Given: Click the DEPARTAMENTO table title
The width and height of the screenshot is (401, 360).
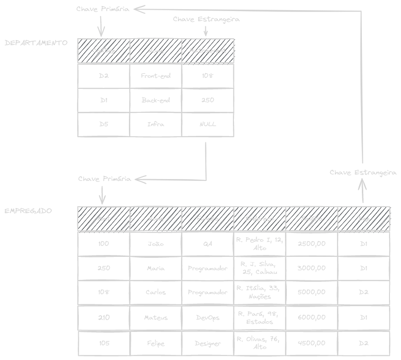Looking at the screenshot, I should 36,43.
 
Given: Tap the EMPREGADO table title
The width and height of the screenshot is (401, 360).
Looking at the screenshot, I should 28,211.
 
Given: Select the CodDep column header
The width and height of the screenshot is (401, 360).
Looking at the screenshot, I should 104,51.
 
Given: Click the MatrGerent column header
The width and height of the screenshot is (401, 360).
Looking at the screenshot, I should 208,51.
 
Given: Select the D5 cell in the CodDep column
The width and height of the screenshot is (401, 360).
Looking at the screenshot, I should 104,124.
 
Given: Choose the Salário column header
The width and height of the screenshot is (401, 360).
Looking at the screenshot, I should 312,219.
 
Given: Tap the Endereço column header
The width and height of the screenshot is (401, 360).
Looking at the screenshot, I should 260,219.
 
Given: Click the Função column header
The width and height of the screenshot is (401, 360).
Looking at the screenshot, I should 208,219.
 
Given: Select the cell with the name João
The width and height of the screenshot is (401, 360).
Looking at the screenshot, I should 156,244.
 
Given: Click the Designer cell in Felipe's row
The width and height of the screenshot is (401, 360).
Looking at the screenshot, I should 208,343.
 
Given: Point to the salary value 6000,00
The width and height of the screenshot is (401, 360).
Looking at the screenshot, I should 312,318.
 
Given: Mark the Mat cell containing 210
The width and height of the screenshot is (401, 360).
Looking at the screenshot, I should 104,318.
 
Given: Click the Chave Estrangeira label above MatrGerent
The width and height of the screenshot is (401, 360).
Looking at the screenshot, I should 206,19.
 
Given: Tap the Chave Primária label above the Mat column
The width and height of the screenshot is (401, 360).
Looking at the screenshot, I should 105,179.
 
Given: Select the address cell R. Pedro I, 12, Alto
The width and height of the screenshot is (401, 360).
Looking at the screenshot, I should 260,244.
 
